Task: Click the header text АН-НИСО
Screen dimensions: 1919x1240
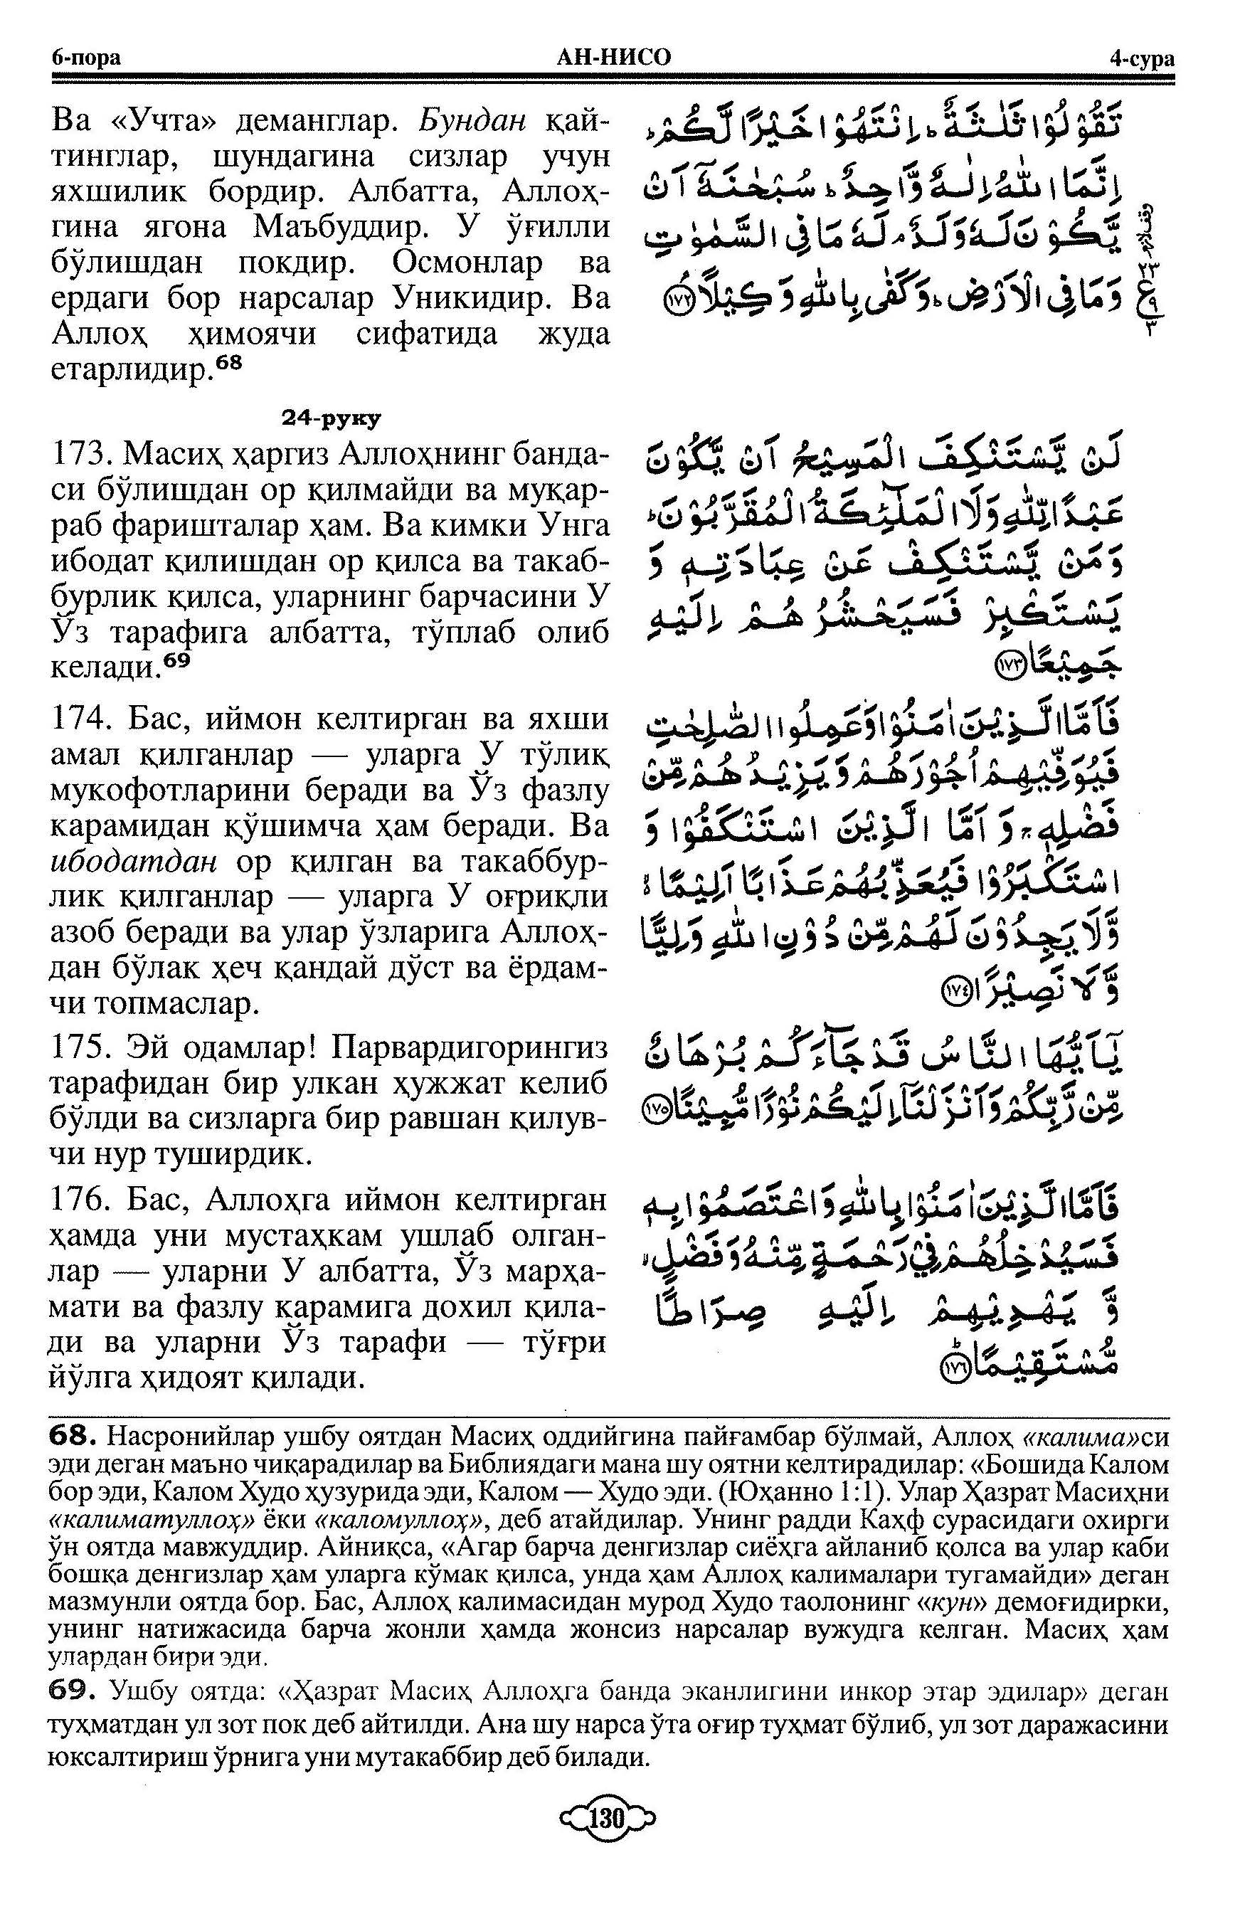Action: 613,58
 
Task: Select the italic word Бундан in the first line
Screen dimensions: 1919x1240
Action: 472,122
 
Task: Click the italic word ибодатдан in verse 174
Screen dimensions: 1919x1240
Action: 134,862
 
